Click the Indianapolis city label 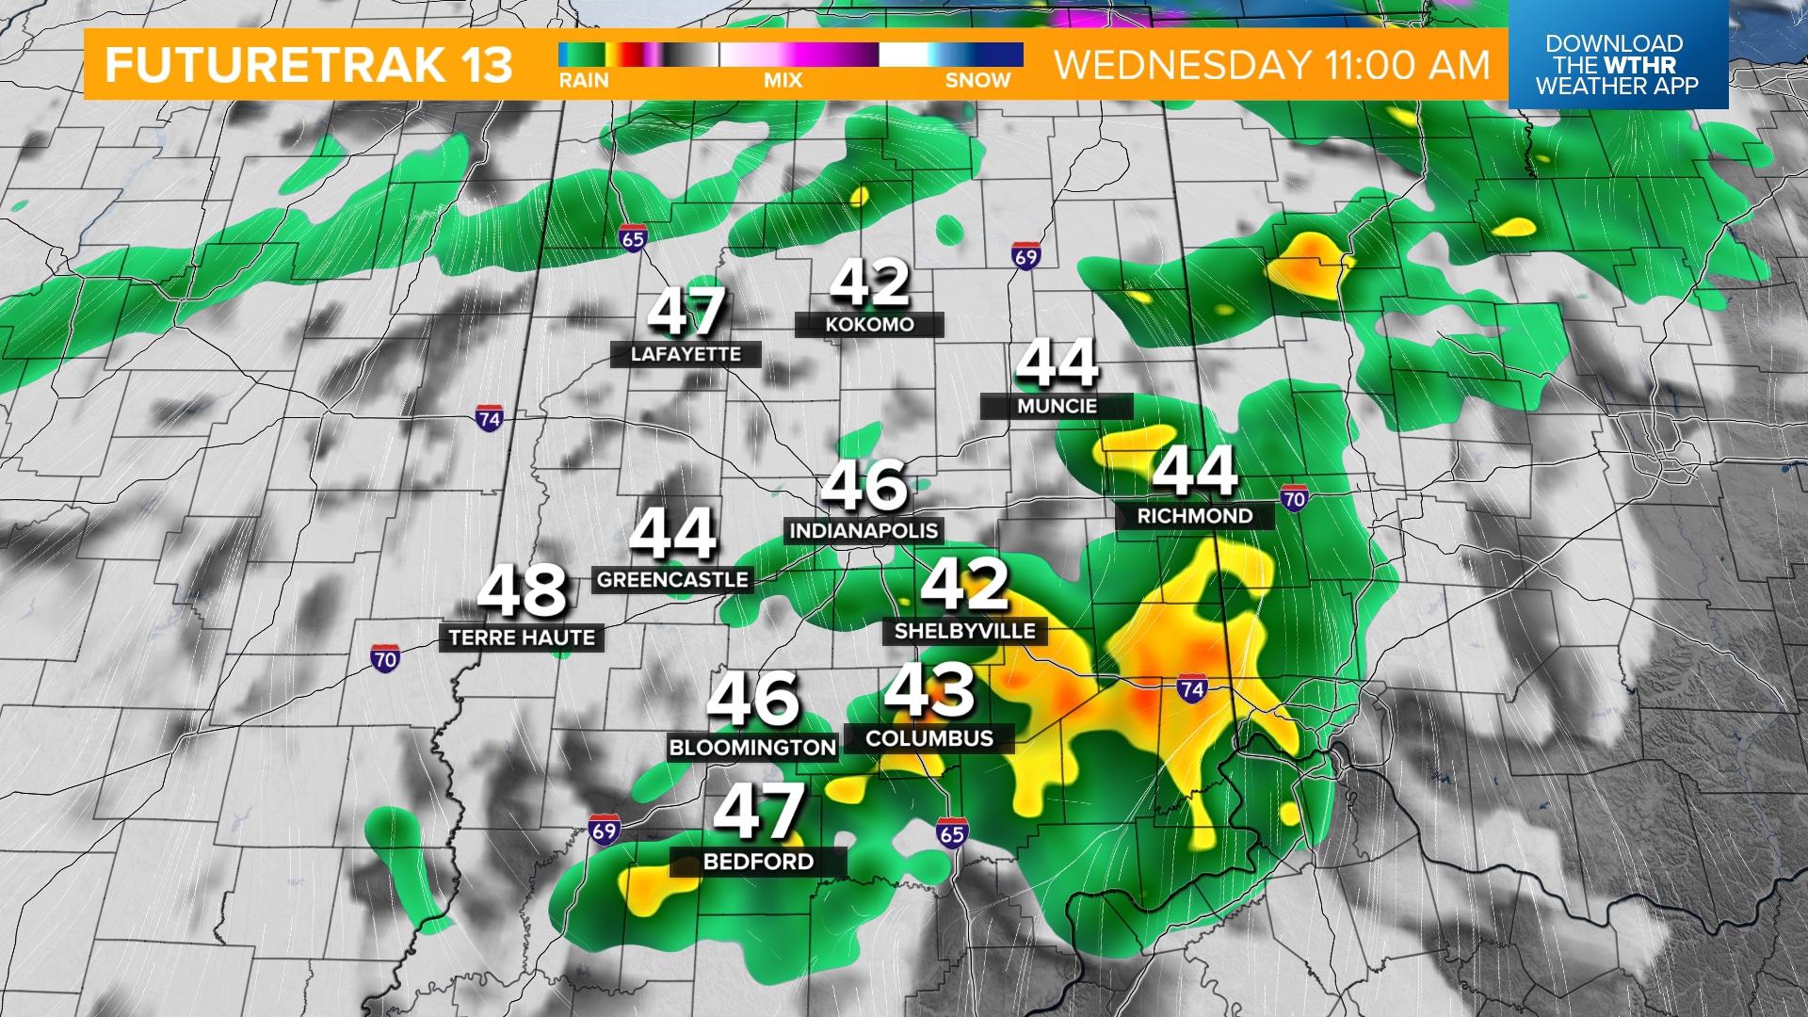864,531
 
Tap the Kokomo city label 869,325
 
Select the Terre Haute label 522,638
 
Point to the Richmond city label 1195,516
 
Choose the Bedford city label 758,862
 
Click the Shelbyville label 964,631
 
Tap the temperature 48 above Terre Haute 523,591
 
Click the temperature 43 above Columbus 929,690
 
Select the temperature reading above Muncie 1057,363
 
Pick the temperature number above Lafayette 686,312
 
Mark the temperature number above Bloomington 753,700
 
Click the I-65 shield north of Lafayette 633,238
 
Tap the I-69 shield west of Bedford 604,831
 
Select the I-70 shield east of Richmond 1294,498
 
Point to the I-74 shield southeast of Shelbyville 1192,688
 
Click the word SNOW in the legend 977,81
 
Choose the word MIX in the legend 783,81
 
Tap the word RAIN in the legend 584,81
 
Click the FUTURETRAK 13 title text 309,65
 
